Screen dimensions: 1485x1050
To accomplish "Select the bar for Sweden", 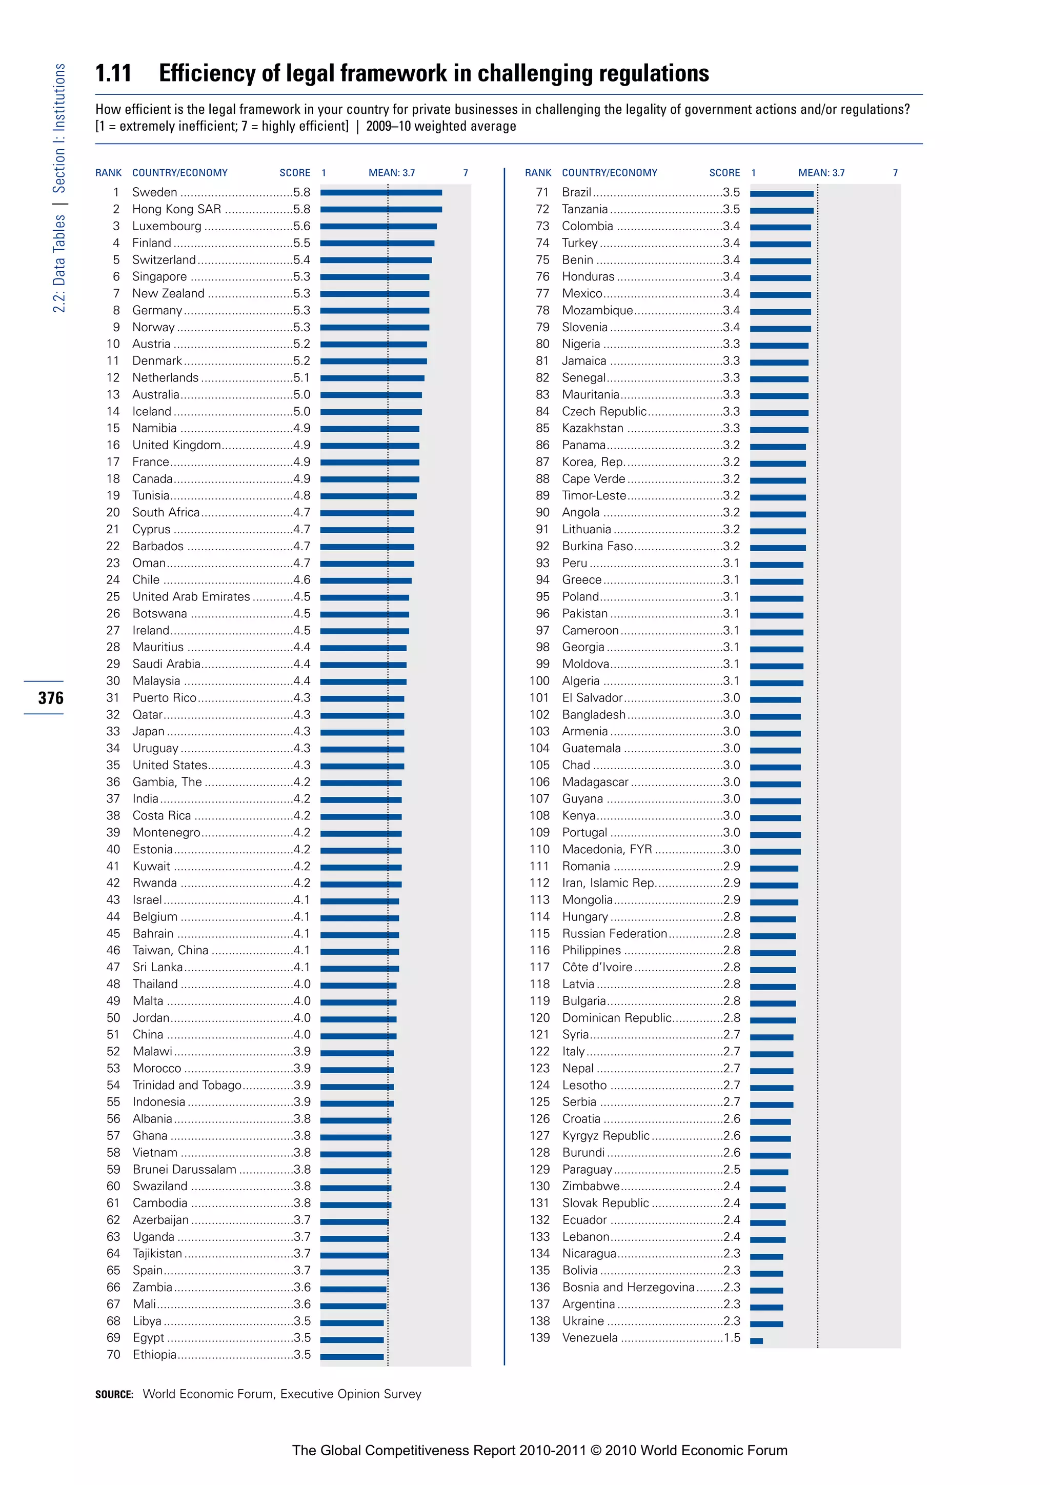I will click(x=381, y=193).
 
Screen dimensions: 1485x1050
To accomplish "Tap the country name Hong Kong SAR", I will click(x=176, y=209).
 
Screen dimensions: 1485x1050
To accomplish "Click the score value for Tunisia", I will click(x=301, y=495).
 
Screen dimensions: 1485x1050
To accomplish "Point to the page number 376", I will click(x=50, y=698).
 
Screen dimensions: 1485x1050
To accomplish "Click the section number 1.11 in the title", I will click(x=113, y=73).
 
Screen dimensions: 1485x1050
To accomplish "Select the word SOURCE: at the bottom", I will click(x=114, y=1394).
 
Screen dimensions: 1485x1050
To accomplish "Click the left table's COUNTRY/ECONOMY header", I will click(x=180, y=173).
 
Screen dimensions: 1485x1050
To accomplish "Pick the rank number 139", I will click(x=539, y=1337).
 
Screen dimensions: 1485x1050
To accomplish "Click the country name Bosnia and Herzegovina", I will click(x=628, y=1287).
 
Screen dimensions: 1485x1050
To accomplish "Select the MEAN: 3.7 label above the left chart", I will click(x=392, y=173).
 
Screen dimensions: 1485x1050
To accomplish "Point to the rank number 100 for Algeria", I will click(x=539, y=681).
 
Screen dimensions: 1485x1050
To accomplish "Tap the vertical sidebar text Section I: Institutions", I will click(x=59, y=128).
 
